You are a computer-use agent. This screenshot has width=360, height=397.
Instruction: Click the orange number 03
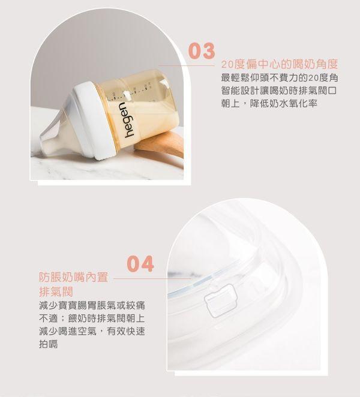(201, 52)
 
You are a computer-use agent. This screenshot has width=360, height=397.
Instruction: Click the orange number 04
(140, 263)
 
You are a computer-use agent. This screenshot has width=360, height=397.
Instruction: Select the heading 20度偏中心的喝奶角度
(280, 64)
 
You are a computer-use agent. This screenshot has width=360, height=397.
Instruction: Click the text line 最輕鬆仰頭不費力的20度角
(280, 78)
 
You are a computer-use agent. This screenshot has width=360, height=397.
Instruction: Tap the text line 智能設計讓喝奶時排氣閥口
(280, 91)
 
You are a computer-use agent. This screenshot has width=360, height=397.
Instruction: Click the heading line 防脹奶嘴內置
(73, 278)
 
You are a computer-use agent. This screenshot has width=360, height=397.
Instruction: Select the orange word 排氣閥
(56, 292)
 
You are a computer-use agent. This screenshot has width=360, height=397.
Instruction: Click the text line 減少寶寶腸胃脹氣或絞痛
(91, 306)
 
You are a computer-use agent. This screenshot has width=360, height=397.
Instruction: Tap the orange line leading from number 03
(186, 65)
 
